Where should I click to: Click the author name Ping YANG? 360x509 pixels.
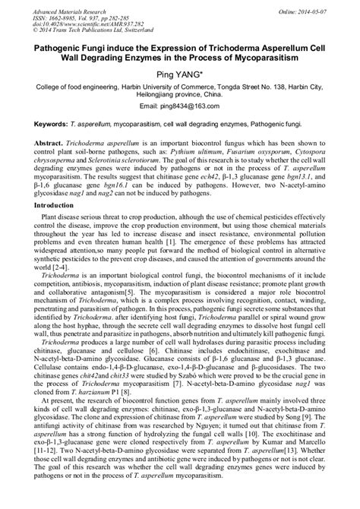pyautogui.click(x=180, y=74)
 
